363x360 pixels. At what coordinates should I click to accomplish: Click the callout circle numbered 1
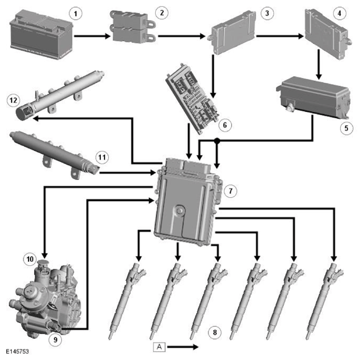point(75,14)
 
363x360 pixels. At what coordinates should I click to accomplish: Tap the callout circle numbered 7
point(230,191)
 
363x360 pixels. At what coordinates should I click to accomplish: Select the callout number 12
point(13,100)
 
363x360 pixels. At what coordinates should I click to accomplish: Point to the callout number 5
point(346,128)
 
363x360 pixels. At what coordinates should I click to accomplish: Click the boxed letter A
point(160,347)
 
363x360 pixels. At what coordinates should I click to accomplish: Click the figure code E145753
point(17,351)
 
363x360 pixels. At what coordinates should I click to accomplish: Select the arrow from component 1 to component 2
point(92,36)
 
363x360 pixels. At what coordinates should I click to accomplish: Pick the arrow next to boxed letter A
point(183,347)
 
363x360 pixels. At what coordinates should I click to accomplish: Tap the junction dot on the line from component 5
point(216,140)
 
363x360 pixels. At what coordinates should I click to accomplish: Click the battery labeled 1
point(41,35)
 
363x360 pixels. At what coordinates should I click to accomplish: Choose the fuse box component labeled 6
point(192,99)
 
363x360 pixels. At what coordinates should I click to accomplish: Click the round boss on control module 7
point(179,211)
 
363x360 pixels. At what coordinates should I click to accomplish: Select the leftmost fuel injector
point(127,301)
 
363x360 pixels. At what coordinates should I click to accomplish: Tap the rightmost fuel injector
point(325,301)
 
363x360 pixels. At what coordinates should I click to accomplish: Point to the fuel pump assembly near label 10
point(46,299)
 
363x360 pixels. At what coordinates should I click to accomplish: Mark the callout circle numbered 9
point(55,340)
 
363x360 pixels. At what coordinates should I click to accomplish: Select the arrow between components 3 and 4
point(280,36)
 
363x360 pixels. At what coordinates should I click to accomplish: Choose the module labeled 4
point(328,34)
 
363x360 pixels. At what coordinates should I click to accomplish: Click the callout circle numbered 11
point(102,158)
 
